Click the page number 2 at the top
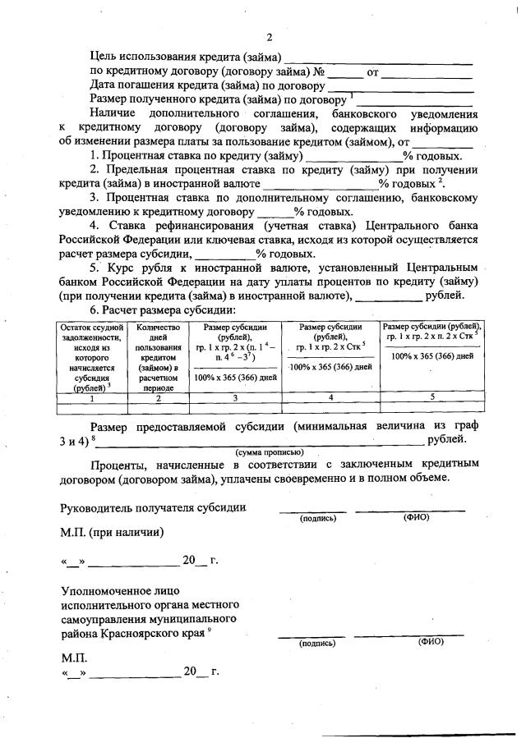268,38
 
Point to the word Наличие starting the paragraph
113,113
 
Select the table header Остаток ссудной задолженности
90,359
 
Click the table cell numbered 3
234,397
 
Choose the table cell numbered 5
432,397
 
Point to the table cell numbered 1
90,397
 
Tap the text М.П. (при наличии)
112,531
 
